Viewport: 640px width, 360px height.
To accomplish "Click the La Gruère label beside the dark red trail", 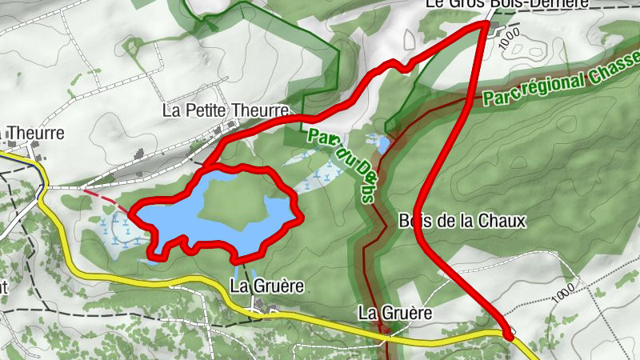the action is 394,313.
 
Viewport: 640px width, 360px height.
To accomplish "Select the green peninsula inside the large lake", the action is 232,206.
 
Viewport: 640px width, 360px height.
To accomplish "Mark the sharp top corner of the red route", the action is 486,24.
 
